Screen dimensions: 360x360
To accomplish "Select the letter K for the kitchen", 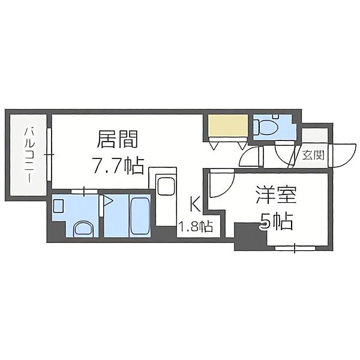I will pos(194,205).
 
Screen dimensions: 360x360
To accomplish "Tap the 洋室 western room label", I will pos(277,197).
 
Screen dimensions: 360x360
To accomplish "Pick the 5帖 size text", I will pos(276,223).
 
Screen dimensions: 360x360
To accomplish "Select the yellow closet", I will pos(228,127).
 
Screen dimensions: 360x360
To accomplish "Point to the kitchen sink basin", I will pos(165,186).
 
